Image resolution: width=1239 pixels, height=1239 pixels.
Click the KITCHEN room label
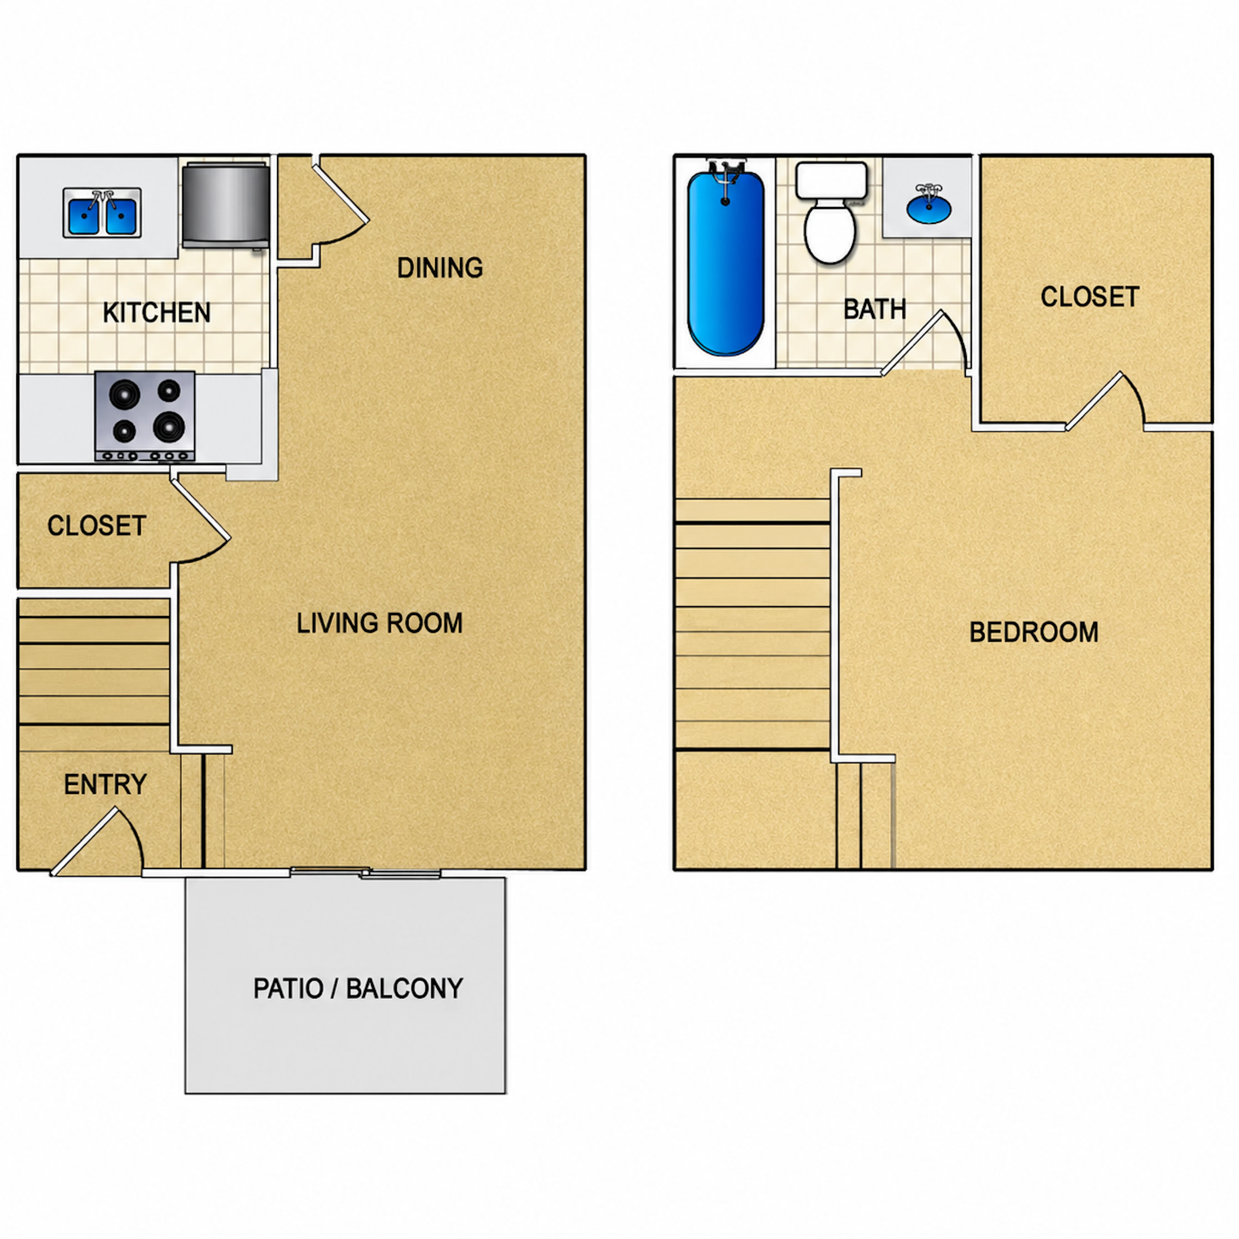tap(156, 313)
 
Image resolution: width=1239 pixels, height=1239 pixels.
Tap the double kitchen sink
tap(102, 212)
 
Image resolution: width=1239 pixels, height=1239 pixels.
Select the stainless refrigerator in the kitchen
tap(226, 205)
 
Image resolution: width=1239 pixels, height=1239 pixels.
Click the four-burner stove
tap(145, 416)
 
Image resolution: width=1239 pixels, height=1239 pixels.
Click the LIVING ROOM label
tap(380, 623)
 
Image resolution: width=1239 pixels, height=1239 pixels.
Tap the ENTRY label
tap(105, 784)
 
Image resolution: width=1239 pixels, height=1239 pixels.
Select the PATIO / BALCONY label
tap(358, 988)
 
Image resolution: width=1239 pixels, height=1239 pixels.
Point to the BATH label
tap(875, 310)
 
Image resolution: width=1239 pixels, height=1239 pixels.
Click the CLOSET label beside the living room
tap(97, 526)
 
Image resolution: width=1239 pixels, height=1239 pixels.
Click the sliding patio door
tap(366, 872)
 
